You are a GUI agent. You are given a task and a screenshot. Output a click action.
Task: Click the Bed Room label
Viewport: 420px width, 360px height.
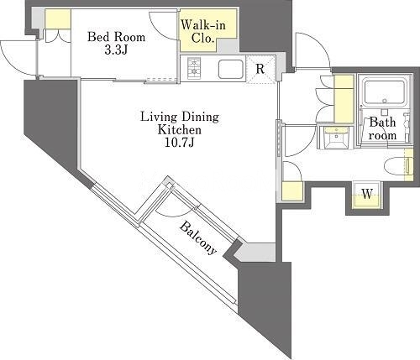pos(116,37)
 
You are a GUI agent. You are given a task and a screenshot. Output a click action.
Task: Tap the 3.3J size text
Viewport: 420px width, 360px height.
pos(116,50)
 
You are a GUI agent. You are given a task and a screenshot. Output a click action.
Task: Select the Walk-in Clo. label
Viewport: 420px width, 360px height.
pos(203,32)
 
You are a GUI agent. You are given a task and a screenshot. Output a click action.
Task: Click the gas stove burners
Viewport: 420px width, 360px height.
pos(194,68)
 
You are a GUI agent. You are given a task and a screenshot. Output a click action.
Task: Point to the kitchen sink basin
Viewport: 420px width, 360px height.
pos(230,69)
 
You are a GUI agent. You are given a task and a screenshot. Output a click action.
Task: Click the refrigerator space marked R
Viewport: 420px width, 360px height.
pos(260,69)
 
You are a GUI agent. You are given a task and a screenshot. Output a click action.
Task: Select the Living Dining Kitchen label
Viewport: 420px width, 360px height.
pos(180,123)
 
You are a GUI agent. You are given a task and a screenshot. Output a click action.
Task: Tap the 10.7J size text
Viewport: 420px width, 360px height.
pos(180,143)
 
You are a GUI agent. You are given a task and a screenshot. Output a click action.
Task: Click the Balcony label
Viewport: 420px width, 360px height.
pos(198,237)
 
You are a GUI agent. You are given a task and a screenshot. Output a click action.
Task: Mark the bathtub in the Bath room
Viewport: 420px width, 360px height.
pos(384,92)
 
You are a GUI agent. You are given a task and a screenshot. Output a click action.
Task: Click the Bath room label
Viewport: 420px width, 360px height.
pos(382,128)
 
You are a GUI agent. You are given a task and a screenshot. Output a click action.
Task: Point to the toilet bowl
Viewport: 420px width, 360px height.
pos(395,167)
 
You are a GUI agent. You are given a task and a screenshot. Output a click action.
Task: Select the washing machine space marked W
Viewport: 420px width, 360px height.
pos(367,194)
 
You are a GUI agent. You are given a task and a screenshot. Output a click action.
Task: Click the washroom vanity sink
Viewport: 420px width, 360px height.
pos(333,137)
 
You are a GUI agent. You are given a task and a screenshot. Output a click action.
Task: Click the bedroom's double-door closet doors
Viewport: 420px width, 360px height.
pos(58,36)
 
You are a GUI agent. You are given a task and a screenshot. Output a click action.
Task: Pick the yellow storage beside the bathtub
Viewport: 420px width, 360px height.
pos(344,99)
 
